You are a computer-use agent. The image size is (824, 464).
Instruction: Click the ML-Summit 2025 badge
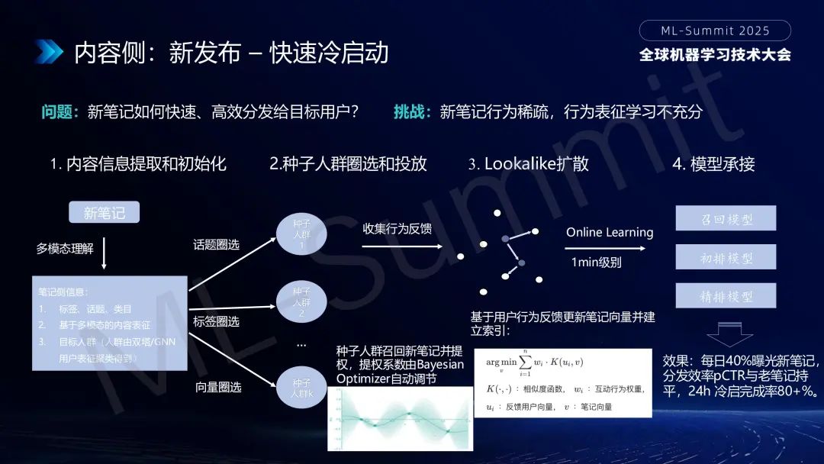point(715,31)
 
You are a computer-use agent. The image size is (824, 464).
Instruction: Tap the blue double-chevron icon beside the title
point(48,52)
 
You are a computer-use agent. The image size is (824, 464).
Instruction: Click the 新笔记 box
point(105,212)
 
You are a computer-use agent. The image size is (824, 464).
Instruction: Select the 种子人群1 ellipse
point(301,235)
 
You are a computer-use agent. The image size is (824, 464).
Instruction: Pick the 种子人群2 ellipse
point(301,302)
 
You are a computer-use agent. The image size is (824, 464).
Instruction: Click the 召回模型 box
point(726,218)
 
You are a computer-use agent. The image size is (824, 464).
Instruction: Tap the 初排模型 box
point(726,257)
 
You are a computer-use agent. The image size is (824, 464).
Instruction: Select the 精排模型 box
point(726,296)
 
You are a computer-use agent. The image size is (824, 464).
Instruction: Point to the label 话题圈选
point(216,244)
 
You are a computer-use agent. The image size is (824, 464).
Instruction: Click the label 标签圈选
point(216,321)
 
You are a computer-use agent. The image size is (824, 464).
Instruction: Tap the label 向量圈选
point(217,387)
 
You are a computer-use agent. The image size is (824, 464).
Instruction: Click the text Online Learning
point(610,232)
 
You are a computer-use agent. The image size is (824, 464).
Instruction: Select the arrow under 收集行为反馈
point(402,246)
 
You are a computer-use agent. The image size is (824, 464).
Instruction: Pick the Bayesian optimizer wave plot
point(400,419)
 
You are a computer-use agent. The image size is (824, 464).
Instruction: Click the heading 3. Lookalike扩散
point(528,163)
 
